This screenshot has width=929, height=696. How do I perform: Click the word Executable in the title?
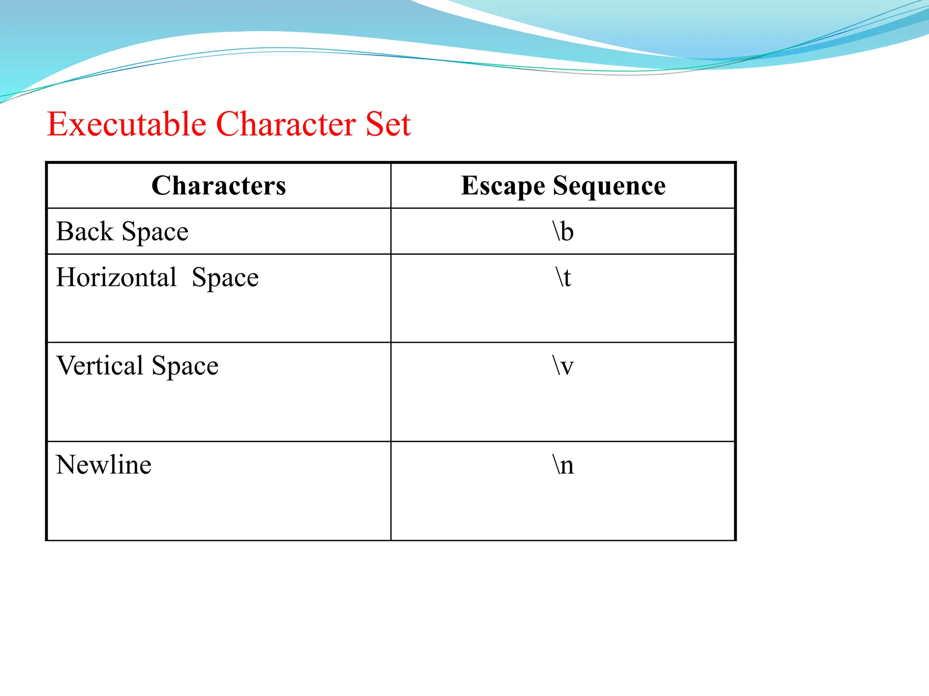(x=127, y=124)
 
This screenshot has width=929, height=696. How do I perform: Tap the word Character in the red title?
(x=286, y=124)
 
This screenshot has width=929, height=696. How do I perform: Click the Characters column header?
(x=219, y=186)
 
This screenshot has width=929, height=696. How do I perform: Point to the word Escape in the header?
(x=503, y=186)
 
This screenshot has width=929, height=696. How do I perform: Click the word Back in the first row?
(x=84, y=232)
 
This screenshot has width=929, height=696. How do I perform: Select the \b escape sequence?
(x=563, y=232)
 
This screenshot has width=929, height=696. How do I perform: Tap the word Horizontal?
(x=116, y=277)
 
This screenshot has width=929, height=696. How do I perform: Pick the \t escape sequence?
(x=563, y=277)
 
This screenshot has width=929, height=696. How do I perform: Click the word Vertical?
(x=100, y=366)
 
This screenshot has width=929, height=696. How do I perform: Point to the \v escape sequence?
(x=563, y=366)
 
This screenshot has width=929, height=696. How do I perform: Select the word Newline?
(x=103, y=465)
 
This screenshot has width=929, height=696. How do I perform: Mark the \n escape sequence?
(x=563, y=465)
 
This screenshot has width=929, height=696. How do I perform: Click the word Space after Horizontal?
(x=225, y=278)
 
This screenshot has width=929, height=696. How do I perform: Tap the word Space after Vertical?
(x=185, y=367)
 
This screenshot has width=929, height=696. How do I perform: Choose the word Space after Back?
(x=155, y=232)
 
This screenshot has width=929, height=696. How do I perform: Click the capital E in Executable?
(x=57, y=124)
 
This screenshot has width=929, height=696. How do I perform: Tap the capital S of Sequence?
(x=560, y=186)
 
